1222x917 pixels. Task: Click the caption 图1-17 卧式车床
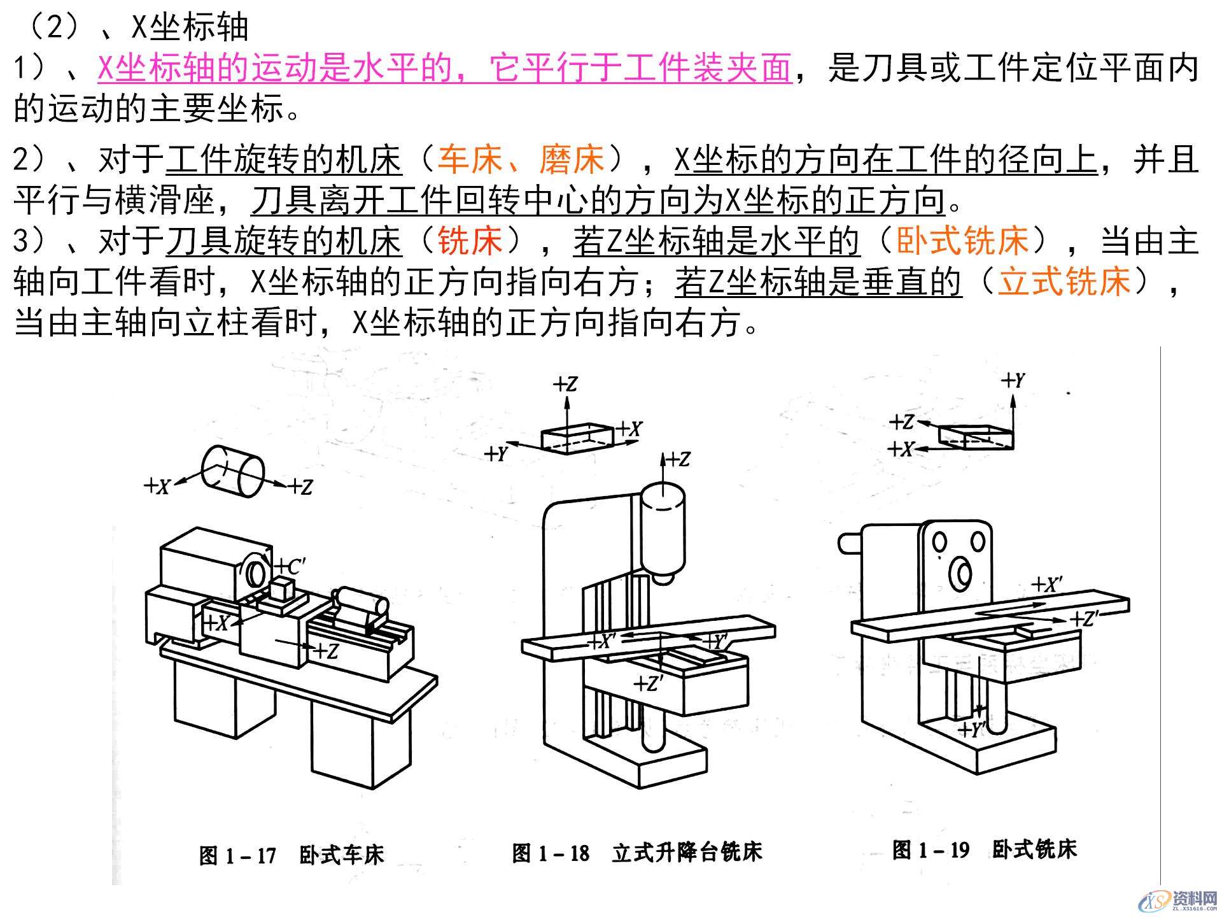click(291, 855)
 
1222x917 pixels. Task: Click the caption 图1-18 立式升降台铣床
click(636, 852)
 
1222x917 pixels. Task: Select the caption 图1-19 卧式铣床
click(984, 849)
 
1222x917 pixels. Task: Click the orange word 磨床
click(572, 159)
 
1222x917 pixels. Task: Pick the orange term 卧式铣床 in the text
click(962, 241)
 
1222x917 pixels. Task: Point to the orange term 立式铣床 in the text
click(1064, 282)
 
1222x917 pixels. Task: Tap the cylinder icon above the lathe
click(233, 472)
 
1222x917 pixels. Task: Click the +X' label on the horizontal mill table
click(1046, 585)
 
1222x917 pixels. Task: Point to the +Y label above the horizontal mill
click(1013, 381)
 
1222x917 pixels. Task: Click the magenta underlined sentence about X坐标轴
click(444, 68)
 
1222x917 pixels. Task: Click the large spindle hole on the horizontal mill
click(960, 573)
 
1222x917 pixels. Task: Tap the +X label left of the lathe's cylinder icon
click(157, 487)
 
